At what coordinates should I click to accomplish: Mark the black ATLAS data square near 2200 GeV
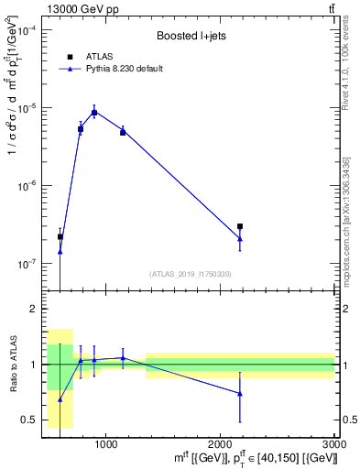coord(240,226)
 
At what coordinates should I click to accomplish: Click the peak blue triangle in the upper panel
coord(94,112)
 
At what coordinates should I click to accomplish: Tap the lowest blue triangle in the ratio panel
coord(60,399)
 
